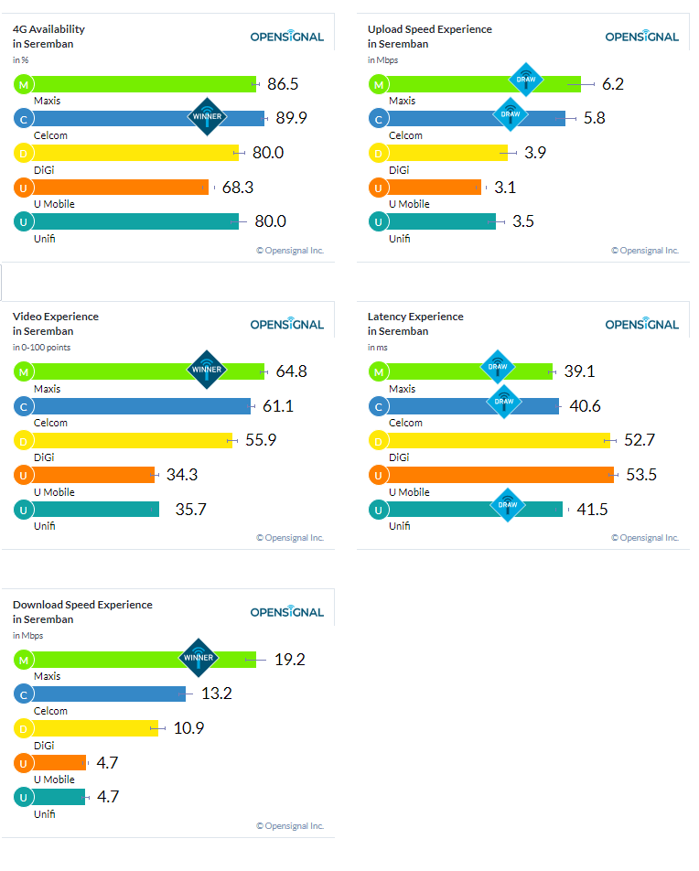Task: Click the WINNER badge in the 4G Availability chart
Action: click(205, 116)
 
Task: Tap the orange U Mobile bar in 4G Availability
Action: click(119, 187)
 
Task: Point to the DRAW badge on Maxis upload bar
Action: click(526, 80)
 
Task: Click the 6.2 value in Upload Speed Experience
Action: click(613, 84)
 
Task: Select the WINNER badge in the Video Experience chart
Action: click(205, 371)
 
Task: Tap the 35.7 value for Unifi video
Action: click(190, 509)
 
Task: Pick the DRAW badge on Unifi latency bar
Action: click(507, 505)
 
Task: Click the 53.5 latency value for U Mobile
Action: click(639, 474)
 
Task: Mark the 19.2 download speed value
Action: click(289, 659)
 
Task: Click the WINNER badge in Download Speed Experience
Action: click(199, 657)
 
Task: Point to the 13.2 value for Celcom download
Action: click(217, 694)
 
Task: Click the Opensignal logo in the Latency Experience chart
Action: click(642, 324)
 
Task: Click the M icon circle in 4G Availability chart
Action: click(23, 84)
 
